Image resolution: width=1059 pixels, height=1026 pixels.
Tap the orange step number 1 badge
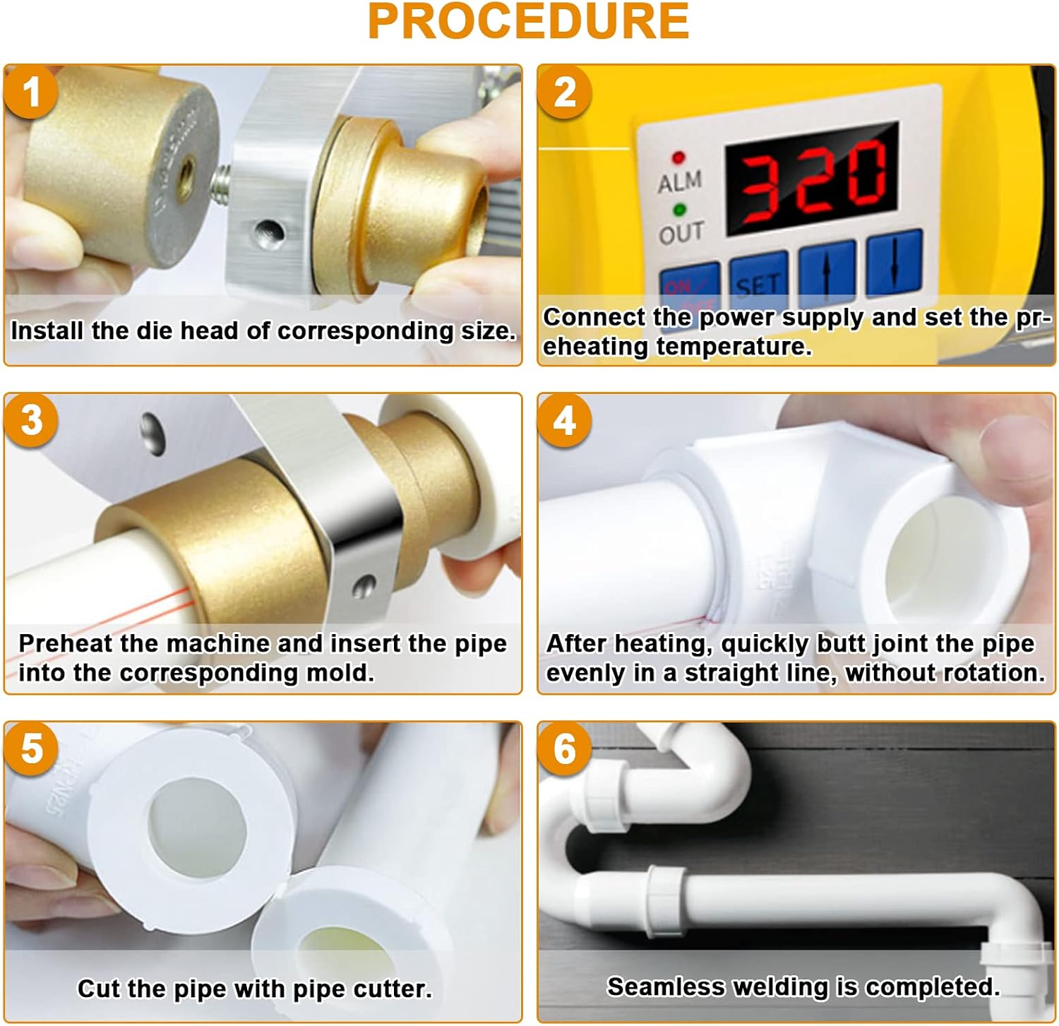[x=31, y=92]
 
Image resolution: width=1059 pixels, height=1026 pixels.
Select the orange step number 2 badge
[x=565, y=92]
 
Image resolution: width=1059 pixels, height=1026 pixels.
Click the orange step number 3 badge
[x=31, y=420]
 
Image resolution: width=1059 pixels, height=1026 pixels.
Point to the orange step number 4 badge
[x=565, y=420]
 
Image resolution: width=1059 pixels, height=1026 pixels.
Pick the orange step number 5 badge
[x=31, y=748]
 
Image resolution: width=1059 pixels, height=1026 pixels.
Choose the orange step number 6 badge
[x=565, y=748]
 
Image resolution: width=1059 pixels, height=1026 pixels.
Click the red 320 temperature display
[x=812, y=178]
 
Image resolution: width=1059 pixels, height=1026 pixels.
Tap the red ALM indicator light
[x=678, y=157]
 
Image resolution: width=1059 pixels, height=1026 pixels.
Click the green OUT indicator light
[x=680, y=210]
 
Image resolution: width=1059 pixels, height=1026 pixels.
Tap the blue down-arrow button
[x=894, y=261]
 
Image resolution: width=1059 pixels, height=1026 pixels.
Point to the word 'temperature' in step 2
[x=731, y=347]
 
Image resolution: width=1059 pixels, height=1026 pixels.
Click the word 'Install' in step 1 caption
[x=47, y=330]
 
